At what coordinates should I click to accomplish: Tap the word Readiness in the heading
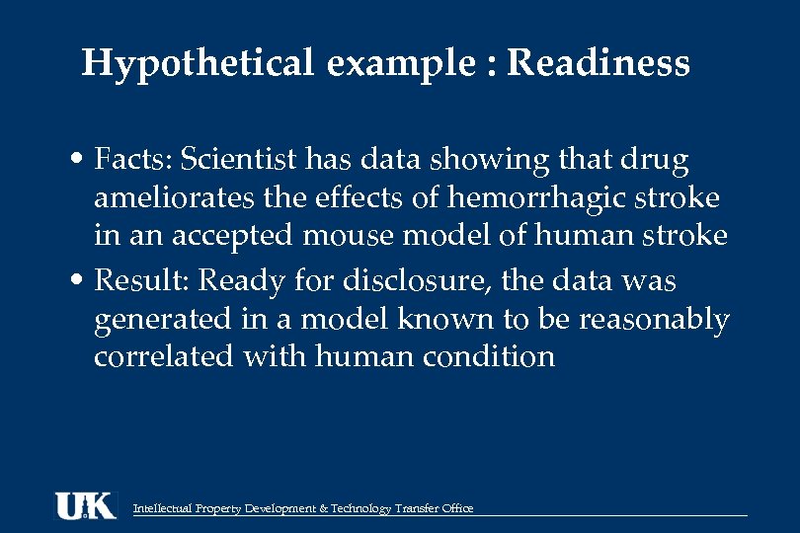pos(598,64)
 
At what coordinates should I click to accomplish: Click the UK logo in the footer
pos(85,505)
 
